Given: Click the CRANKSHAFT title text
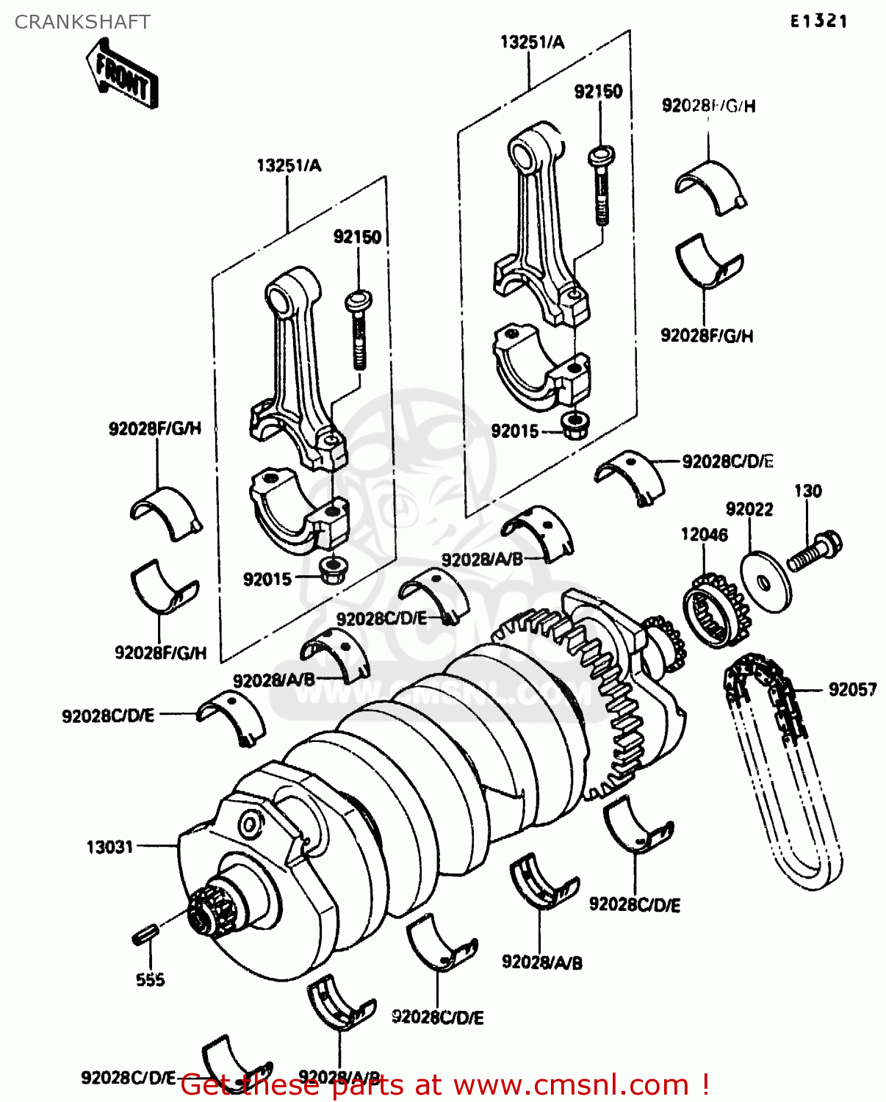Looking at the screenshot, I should (82, 22).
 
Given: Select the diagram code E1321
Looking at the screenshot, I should (818, 21).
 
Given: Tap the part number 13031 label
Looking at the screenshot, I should (109, 847).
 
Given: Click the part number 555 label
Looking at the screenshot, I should (150, 979).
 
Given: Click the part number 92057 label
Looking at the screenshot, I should (852, 689).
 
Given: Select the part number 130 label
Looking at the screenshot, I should (807, 491).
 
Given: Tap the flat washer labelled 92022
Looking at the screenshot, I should (766, 583).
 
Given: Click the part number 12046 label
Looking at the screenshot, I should (704, 534).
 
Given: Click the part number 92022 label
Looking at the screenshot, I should (749, 509).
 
